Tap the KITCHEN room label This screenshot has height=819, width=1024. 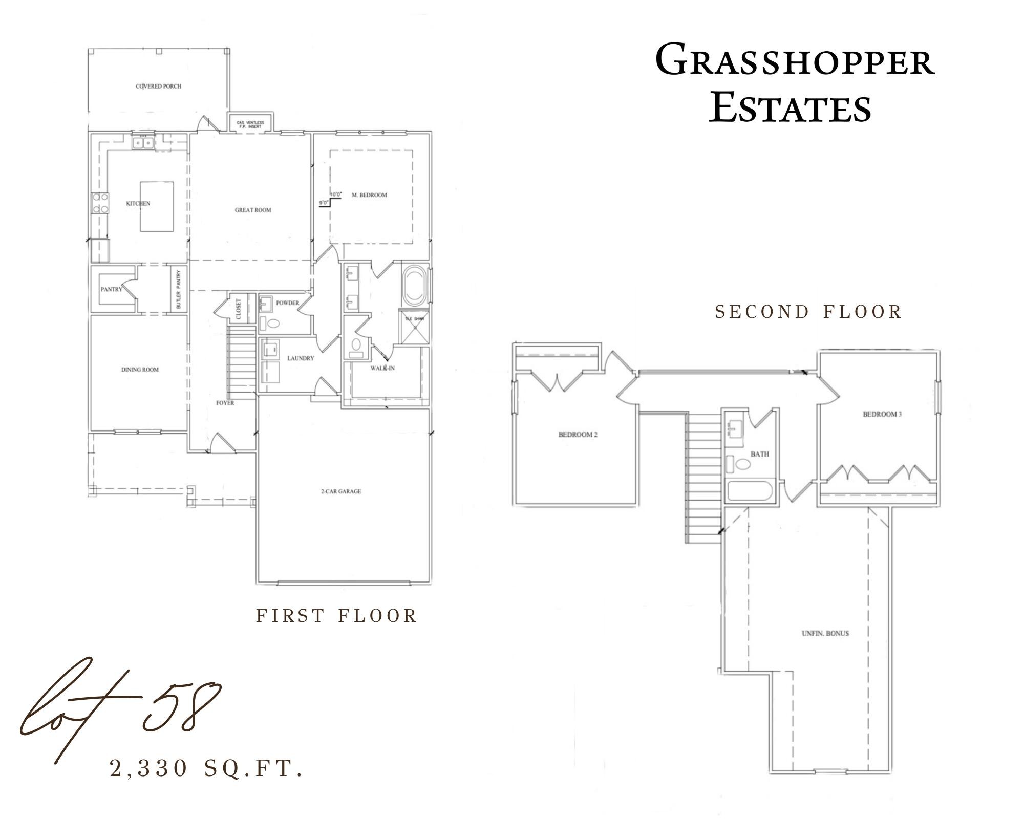138,203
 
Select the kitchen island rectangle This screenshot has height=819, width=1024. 157,206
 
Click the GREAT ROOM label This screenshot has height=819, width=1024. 253,210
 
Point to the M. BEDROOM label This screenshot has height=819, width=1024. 369,195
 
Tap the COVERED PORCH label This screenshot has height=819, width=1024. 159,87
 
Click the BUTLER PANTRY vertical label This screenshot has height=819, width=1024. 179,289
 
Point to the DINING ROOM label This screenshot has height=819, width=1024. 140,370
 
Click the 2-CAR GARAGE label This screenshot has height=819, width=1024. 341,491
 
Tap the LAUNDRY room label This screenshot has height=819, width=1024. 300,358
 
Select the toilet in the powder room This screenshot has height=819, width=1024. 274,324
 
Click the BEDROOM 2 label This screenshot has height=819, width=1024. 578,435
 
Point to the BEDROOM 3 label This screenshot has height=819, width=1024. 882,414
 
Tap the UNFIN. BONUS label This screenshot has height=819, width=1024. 825,633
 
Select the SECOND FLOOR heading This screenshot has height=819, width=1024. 808,312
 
